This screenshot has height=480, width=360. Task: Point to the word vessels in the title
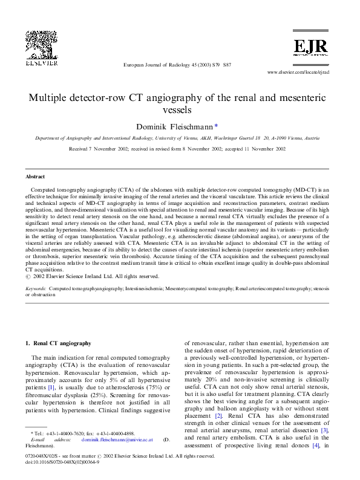[180, 111]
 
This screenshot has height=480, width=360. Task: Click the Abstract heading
[35, 177]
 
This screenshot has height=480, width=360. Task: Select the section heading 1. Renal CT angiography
[58, 343]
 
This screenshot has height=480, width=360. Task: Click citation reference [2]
[218, 417]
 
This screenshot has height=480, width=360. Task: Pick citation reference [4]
[315, 446]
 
